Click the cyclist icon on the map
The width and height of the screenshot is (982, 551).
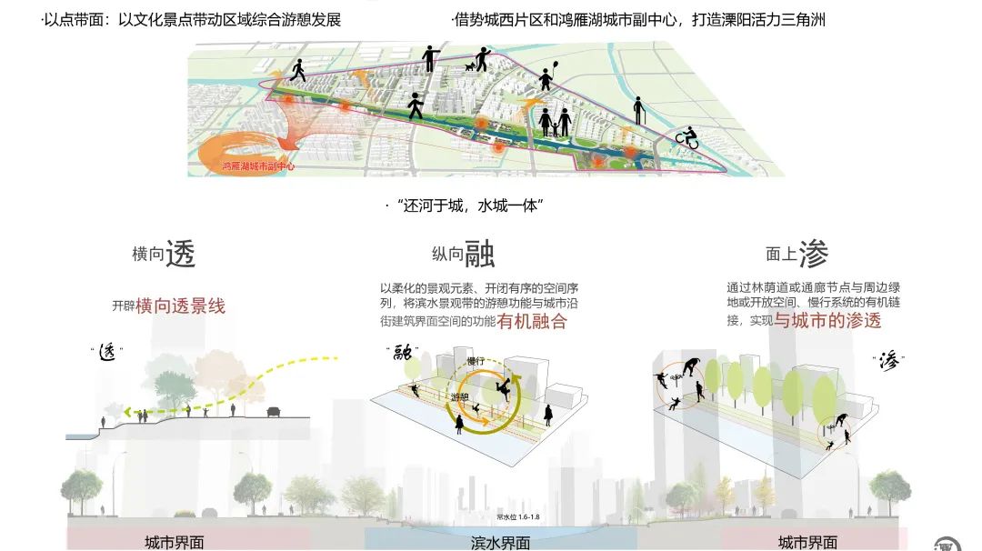686,137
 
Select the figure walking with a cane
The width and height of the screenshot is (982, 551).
639,111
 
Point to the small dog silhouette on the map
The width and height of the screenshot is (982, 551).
470,66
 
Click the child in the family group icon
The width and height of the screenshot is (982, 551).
555,129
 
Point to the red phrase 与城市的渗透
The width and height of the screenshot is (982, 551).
827,321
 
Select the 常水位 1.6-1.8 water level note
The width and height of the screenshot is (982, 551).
518,517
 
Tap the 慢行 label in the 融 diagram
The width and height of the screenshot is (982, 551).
475,362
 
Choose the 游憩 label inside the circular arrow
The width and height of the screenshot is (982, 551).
460,397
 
